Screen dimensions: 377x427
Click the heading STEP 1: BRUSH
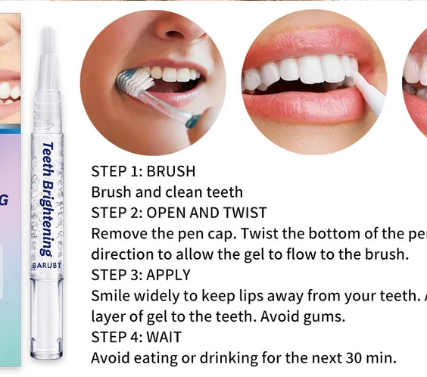coord(143,171)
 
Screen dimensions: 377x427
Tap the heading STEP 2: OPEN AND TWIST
coord(179,212)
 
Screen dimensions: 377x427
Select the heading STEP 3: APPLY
coord(141,274)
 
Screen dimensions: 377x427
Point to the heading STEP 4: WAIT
coord(136,336)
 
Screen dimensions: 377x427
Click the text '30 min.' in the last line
coord(370,357)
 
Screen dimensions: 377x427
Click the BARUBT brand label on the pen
coord(47,267)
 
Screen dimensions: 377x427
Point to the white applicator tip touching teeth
coord(363,87)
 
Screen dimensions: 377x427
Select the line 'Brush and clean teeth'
coord(167,192)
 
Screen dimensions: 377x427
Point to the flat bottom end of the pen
coord(47,354)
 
